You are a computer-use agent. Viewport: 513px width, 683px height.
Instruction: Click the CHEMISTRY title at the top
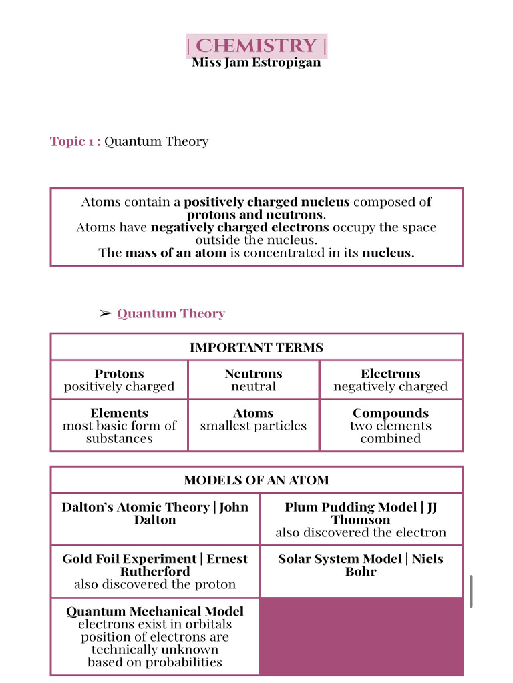256,46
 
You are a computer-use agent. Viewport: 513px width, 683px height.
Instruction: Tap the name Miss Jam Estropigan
256,63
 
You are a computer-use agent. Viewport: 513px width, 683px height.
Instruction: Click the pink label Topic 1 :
75,141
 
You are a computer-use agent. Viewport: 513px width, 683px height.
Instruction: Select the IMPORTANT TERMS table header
256,347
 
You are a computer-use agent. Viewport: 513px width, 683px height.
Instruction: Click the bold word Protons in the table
119,374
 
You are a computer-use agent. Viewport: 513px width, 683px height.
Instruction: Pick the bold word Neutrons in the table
253,374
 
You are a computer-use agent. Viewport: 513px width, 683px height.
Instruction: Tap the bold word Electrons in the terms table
391,374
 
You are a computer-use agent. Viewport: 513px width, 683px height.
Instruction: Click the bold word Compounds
391,413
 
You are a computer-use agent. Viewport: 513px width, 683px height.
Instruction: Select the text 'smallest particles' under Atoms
253,426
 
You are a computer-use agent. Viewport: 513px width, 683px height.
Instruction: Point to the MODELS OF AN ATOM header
256,480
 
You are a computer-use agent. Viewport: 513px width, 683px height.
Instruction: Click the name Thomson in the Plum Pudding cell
361,520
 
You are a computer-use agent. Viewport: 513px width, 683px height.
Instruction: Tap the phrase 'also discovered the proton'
155,584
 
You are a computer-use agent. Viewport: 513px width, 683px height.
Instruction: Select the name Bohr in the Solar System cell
361,572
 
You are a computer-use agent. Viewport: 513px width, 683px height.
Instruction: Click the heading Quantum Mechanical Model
155,611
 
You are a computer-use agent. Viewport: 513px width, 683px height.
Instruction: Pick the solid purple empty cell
361,636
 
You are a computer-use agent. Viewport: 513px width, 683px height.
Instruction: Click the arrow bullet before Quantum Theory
106,313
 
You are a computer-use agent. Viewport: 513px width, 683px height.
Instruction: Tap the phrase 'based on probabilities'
155,662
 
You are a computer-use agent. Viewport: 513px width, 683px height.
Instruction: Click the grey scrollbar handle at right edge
472,591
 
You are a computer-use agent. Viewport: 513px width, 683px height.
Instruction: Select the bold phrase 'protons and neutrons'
256,215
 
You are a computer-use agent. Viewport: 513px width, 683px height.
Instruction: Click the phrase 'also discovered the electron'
361,532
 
